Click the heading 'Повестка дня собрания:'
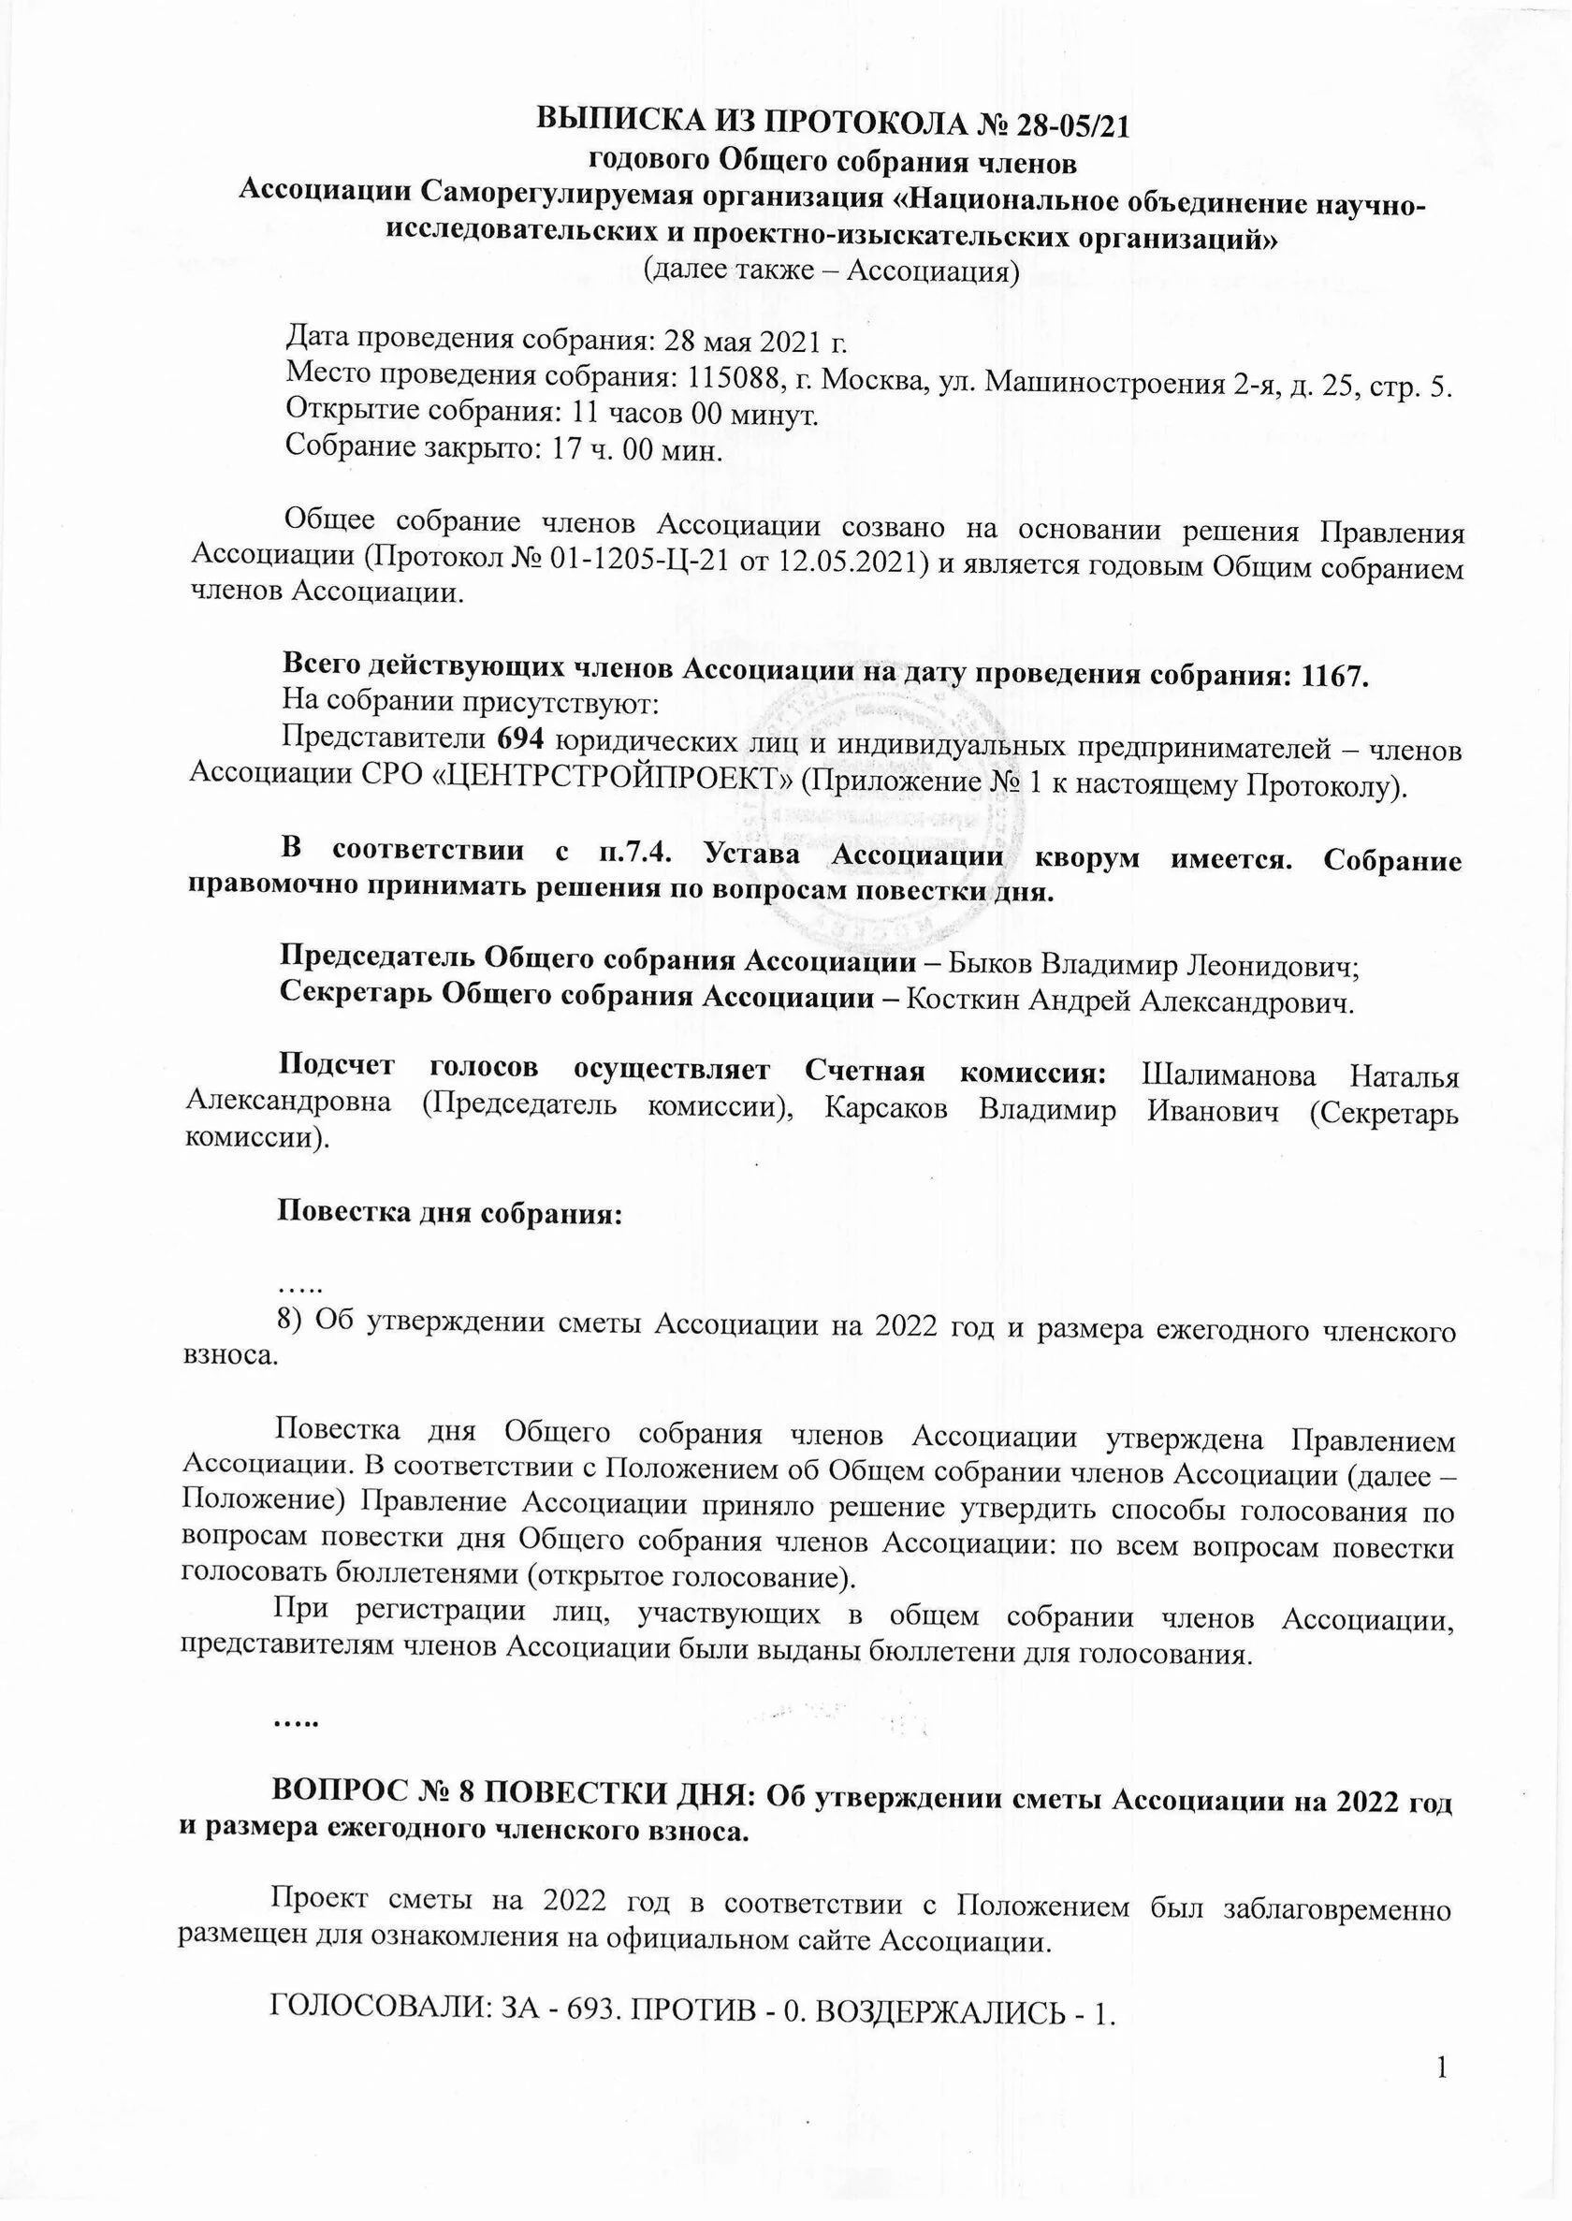click(x=449, y=1213)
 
